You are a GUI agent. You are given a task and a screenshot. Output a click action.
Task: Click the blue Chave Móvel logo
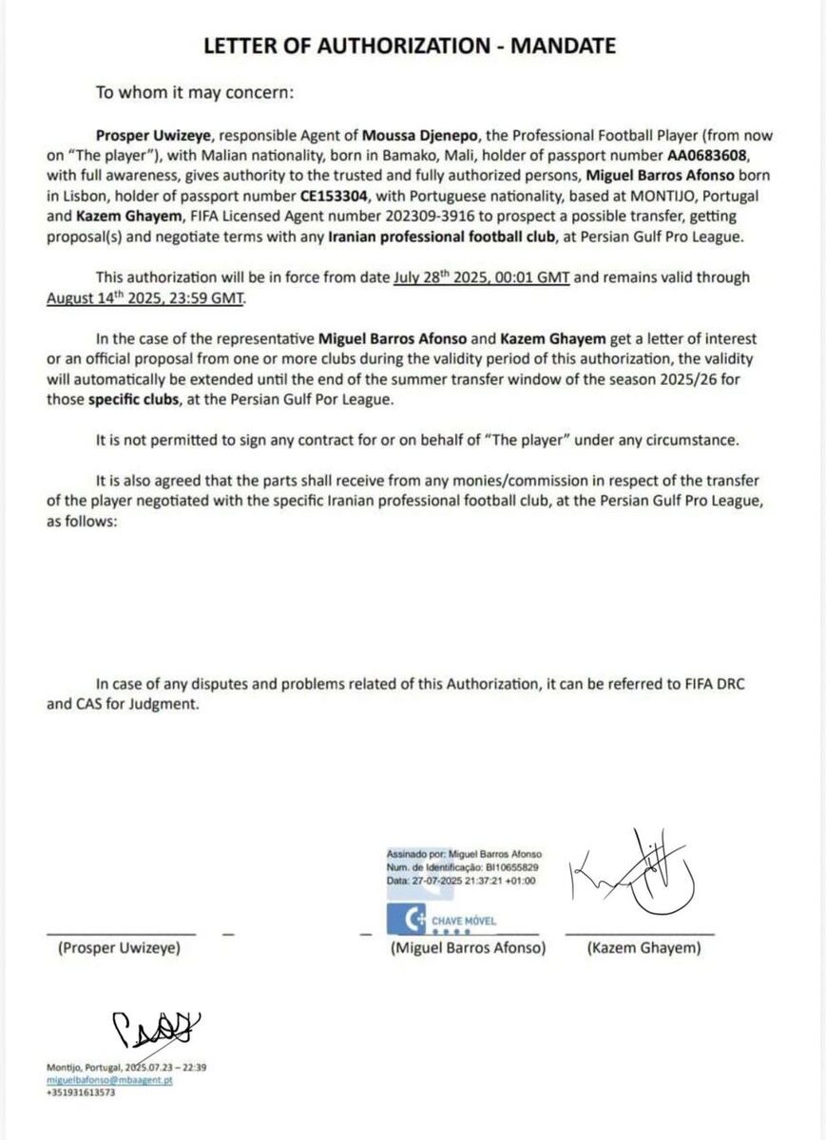[x=412, y=920]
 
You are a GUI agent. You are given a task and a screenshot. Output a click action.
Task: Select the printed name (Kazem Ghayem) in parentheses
[x=644, y=948]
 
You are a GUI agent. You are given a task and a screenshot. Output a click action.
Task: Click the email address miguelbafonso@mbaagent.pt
[x=109, y=1080]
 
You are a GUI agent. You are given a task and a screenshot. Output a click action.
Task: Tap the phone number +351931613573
[x=80, y=1092]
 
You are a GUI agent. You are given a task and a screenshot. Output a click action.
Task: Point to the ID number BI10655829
[x=509, y=867]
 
